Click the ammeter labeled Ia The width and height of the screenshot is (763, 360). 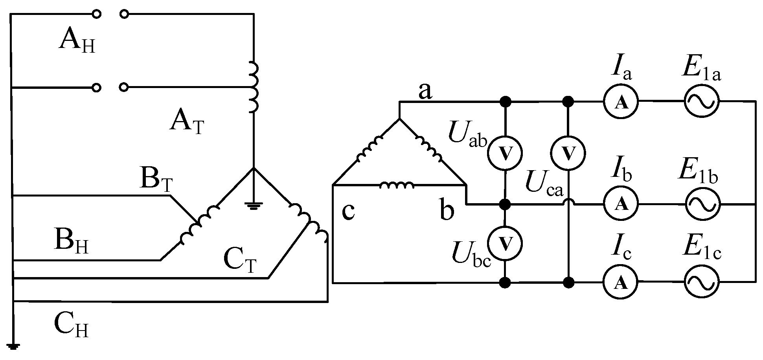click(621, 102)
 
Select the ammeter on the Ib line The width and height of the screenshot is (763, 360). click(621, 204)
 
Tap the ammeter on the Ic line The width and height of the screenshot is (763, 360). click(621, 282)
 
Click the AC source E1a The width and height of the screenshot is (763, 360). click(702, 101)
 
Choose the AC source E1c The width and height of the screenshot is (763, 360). click(702, 282)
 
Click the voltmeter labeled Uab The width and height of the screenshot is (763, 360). click(505, 152)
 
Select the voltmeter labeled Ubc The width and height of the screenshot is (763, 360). click(505, 243)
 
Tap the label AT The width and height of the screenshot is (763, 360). click(187, 122)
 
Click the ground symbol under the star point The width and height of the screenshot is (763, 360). click(253, 205)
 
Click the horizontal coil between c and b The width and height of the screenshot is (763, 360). click(396, 185)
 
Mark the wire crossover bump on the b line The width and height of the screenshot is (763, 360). click(568, 202)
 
